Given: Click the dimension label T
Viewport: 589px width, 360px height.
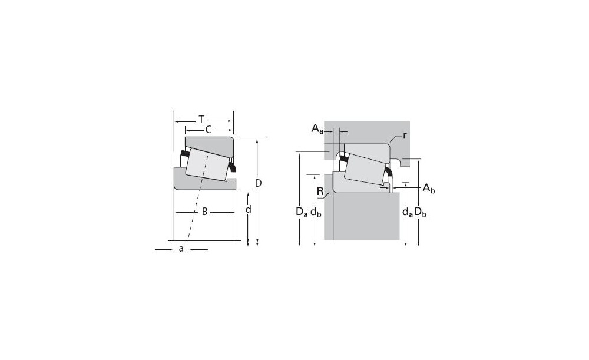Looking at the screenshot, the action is (x=201, y=120).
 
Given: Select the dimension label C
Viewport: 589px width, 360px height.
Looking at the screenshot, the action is (x=208, y=130).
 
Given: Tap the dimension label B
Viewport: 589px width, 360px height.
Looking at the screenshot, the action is (x=205, y=212).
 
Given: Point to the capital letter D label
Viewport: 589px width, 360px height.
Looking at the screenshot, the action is (x=258, y=183).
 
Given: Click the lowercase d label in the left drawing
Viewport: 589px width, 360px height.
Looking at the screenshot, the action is (x=249, y=209).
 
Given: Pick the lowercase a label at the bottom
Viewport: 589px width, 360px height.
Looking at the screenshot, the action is (x=181, y=249).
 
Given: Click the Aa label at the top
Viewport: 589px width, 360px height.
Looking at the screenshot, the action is (x=317, y=129).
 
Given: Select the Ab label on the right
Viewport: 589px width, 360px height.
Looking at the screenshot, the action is (x=429, y=189).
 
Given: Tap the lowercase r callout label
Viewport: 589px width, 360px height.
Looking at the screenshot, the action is (x=404, y=136).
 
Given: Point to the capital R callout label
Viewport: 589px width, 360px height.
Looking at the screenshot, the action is (x=320, y=191).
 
